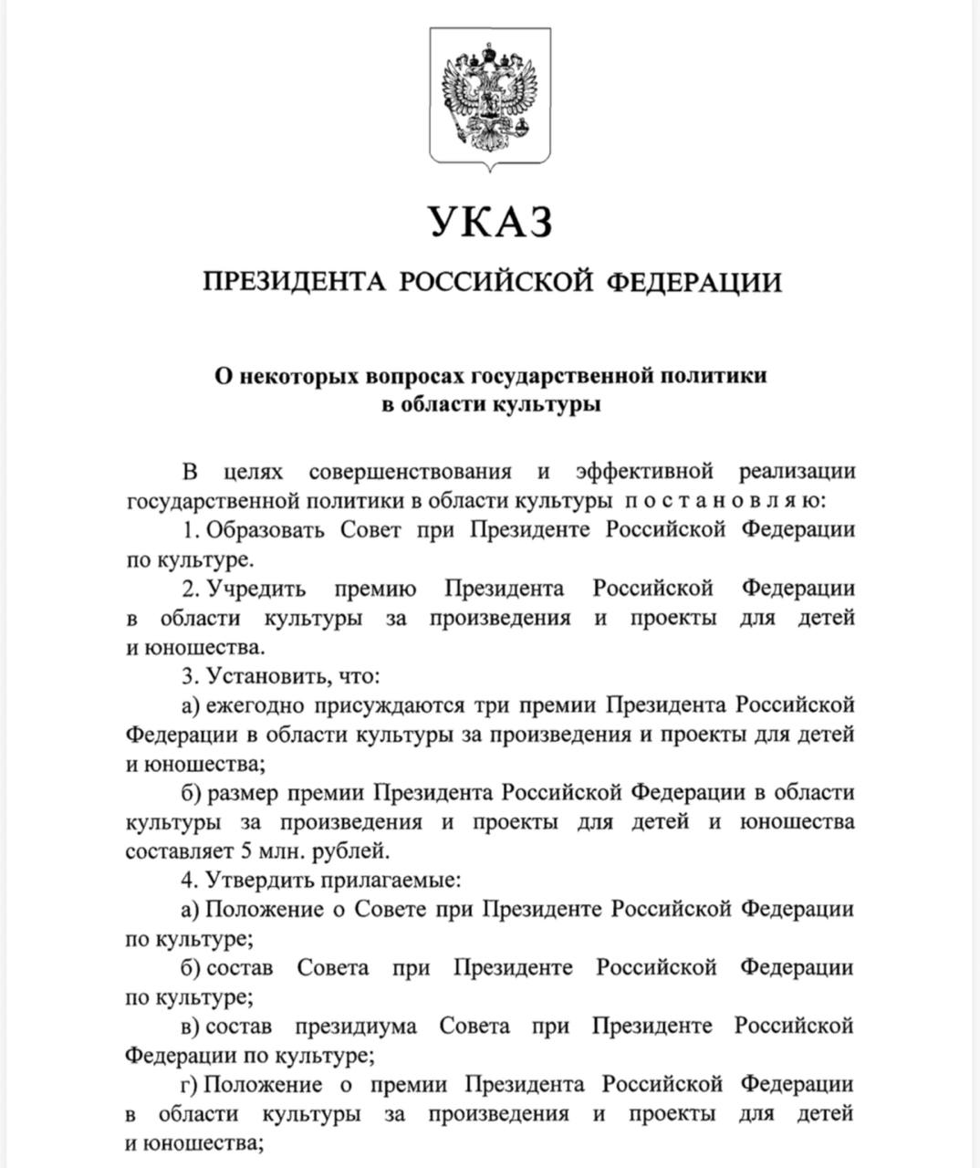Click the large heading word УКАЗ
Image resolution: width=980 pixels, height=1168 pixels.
coord(491,222)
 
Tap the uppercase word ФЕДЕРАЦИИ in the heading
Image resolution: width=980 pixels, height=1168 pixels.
coord(694,282)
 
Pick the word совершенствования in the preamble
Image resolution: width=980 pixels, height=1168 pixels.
coord(410,472)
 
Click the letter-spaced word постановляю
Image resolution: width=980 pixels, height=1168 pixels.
coord(725,501)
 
